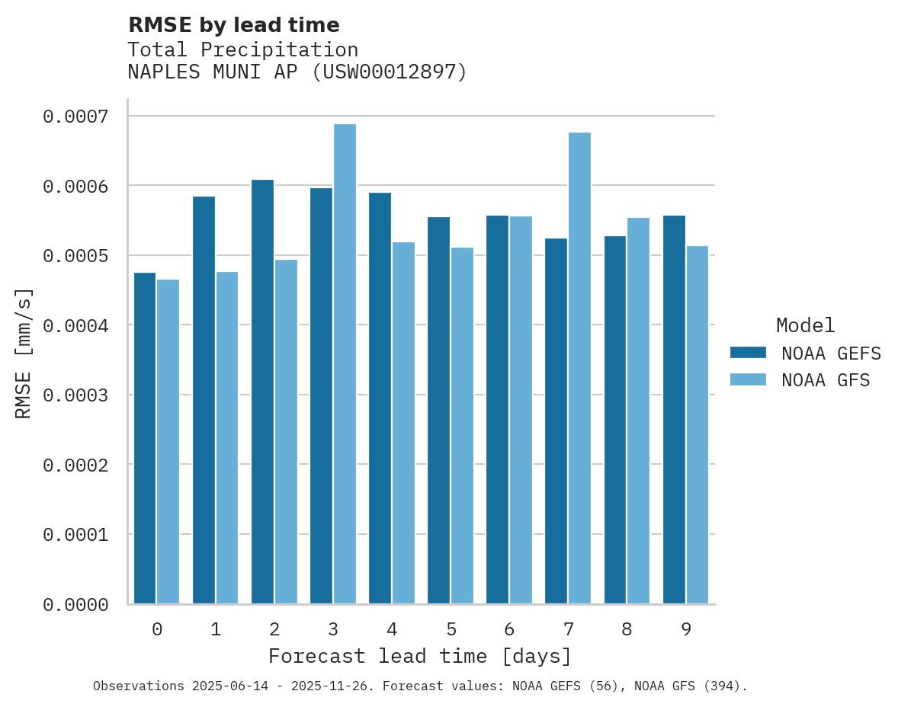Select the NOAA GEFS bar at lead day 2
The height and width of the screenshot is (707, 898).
click(x=262, y=392)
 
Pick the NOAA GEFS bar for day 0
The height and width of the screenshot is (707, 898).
click(x=145, y=438)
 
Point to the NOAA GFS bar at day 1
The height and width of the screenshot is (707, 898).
click(x=227, y=438)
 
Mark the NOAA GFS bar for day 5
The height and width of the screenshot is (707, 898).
click(x=462, y=426)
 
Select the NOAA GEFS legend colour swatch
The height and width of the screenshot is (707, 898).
click(x=748, y=353)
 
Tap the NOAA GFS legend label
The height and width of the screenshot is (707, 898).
click(x=826, y=379)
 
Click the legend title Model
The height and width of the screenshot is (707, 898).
click(x=805, y=325)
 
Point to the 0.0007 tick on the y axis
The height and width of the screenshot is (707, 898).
click(x=75, y=117)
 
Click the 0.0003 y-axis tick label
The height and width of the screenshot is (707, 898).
click(x=75, y=395)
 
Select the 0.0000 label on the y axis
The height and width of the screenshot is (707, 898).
click(x=75, y=605)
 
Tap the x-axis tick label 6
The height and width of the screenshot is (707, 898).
click(x=509, y=629)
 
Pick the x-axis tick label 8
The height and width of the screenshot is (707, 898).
click(x=627, y=629)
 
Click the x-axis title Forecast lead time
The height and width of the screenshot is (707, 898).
click(x=419, y=656)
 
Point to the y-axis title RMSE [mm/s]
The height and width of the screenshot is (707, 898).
click(x=24, y=353)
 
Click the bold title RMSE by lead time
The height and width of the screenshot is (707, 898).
click(x=233, y=25)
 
